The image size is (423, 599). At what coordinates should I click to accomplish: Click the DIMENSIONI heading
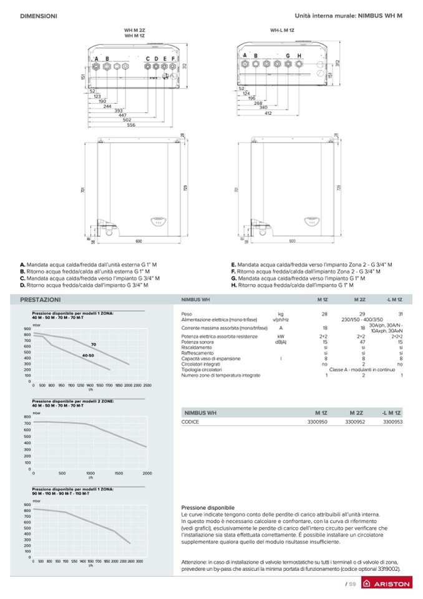click(39, 15)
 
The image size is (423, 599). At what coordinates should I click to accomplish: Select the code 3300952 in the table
click(354, 422)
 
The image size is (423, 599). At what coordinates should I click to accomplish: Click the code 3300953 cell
click(392, 422)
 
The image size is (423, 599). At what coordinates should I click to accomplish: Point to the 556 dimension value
click(131, 125)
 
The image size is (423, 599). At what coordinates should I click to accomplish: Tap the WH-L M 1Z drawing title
click(281, 30)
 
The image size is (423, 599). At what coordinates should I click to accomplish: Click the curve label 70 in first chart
click(93, 345)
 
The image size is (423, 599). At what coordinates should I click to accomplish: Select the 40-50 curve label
click(87, 355)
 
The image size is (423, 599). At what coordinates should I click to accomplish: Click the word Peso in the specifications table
click(186, 314)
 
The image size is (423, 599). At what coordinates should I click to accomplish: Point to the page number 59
click(352, 584)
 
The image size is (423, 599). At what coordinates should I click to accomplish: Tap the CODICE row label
click(190, 422)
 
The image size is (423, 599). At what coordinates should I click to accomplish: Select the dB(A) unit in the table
click(281, 342)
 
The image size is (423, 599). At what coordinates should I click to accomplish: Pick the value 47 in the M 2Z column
click(361, 342)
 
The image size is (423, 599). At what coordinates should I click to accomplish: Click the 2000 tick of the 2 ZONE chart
click(147, 473)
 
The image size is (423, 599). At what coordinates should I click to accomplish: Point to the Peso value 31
click(401, 314)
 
